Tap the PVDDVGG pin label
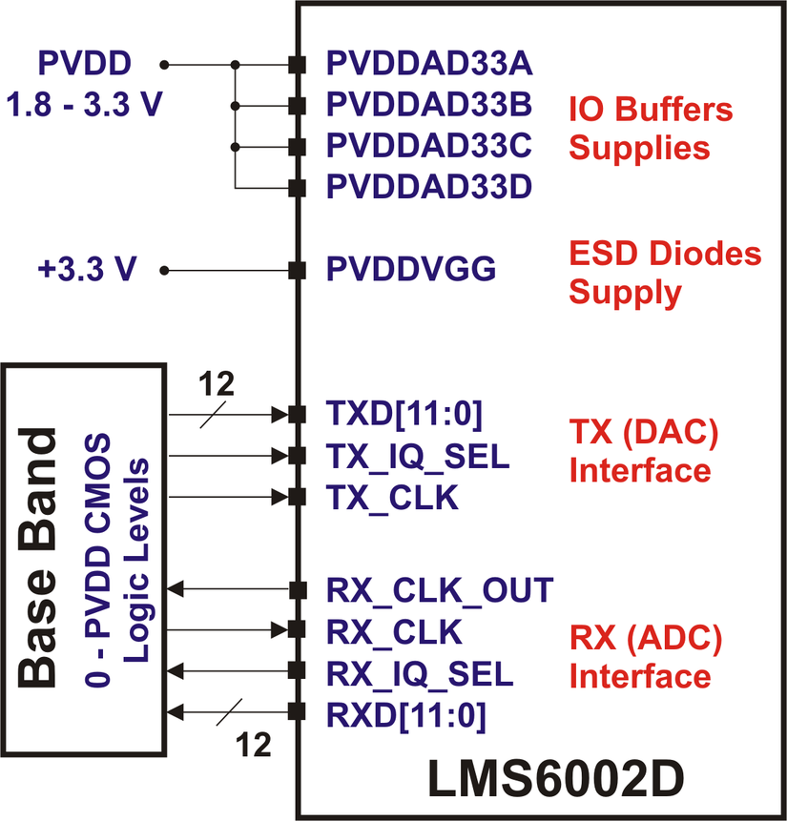pos(411,270)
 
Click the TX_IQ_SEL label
pos(418,456)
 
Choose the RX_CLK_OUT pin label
pos(439,590)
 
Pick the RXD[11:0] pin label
pos(406,712)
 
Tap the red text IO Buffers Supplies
pos(651,129)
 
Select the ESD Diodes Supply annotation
pos(665,273)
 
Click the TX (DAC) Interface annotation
pos(642,451)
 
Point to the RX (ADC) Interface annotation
pos(645,656)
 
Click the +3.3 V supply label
pos(86,271)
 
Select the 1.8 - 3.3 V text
pos(84,104)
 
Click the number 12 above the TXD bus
pos(217,384)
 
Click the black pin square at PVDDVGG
pos(297,271)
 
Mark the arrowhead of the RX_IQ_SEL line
pos(175,673)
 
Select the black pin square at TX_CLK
pos(297,497)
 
